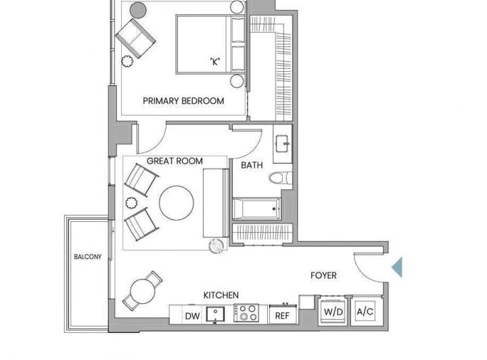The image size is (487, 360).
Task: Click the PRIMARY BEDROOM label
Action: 183,101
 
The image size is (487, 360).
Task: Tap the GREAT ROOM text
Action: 175,161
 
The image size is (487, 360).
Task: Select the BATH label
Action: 252,165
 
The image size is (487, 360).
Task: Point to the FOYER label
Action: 323,275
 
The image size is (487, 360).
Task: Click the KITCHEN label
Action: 221,295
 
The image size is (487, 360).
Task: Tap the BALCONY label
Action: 87,256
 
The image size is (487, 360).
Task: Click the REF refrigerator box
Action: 282,315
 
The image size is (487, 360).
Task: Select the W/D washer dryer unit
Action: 333,311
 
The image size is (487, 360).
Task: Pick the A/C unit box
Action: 365,311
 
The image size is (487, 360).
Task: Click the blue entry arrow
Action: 397,267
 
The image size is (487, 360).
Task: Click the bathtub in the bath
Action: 256,208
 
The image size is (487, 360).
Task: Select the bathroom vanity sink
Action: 283,144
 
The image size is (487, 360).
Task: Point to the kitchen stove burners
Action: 246,313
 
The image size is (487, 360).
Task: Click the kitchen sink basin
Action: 216,315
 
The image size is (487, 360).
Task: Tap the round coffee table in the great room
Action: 177,203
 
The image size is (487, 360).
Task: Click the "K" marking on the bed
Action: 215,62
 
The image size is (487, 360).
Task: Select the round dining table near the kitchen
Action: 143,292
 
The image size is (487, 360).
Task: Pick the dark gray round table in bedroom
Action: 138,10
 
